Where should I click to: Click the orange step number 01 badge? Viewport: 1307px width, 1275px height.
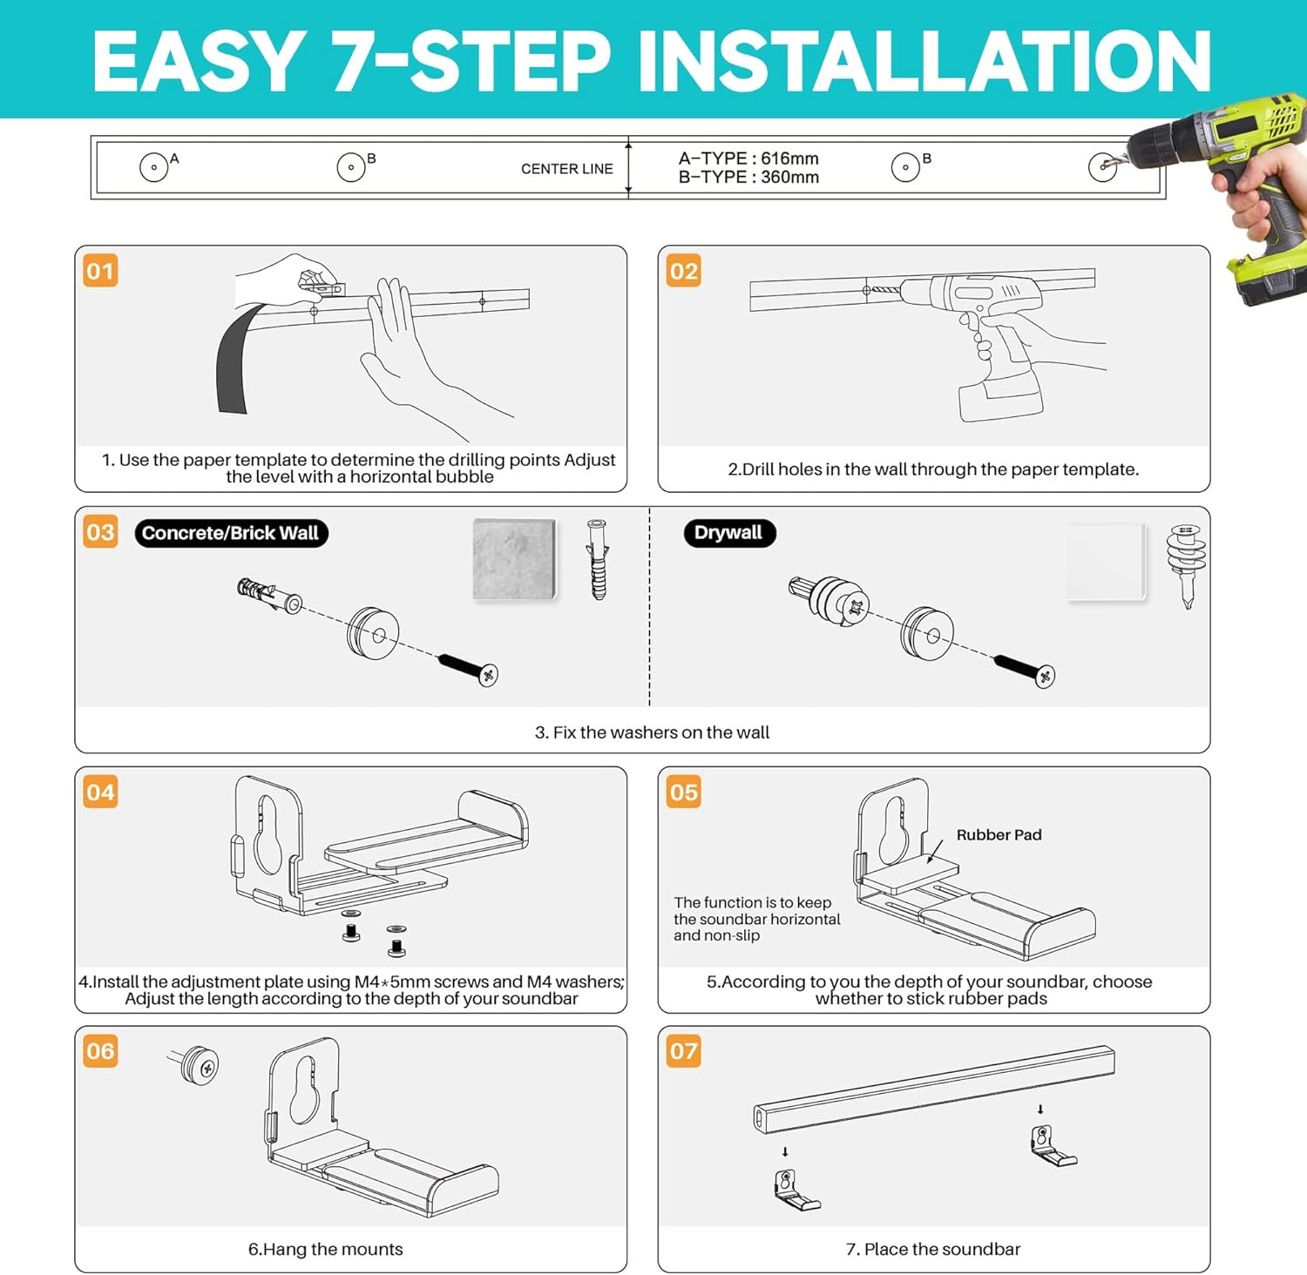tap(100, 271)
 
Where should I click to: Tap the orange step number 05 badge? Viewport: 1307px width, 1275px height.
tap(683, 792)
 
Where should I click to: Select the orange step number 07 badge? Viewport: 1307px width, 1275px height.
tap(683, 1051)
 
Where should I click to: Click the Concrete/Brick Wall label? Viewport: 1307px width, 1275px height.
tap(231, 533)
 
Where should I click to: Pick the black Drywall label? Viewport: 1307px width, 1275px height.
tap(728, 533)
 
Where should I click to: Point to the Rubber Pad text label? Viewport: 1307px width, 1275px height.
tap(999, 834)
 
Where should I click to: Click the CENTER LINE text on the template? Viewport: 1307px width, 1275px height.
tap(566, 169)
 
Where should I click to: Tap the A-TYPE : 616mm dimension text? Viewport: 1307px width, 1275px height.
tap(748, 159)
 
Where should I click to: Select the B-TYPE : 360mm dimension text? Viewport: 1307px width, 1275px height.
tap(748, 178)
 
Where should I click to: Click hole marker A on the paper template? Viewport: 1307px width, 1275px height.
tap(154, 166)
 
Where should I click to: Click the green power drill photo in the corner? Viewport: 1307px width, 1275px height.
tap(1237, 192)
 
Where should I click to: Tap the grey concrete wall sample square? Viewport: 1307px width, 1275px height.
tap(514, 559)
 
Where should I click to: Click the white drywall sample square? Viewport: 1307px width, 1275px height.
tap(1106, 562)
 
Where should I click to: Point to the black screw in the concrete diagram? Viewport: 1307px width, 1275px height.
tap(468, 668)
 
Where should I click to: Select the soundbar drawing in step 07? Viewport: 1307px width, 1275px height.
tap(932, 1089)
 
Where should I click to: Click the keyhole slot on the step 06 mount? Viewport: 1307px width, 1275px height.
tap(304, 1089)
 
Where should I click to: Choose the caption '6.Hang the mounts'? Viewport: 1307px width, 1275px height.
tap(325, 1249)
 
